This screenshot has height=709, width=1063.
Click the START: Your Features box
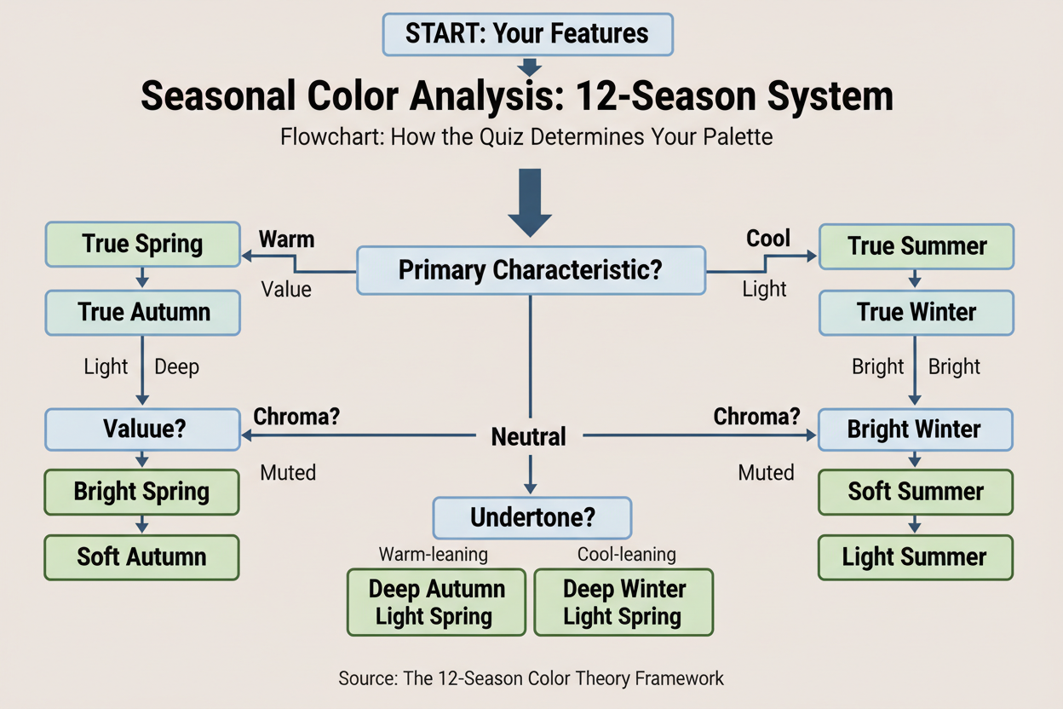click(x=527, y=34)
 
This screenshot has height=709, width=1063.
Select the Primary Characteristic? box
click(x=531, y=270)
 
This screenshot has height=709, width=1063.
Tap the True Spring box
click(x=142, y=245)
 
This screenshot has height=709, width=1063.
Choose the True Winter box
click(x=916, y=312)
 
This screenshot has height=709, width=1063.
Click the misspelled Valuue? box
click(x=142, y=429)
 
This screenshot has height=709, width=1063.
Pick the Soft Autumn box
click(x=141, y=557)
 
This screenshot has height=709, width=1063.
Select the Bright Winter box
click(x=915, y=429)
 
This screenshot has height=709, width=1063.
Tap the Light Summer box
click(x=915, y=557)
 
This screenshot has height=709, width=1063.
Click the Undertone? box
click(x=531, y=517)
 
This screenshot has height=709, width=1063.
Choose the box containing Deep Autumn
click(x=436, y=602)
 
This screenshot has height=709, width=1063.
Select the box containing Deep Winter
click(x=623, y=602)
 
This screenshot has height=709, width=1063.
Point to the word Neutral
click(x=528, y=437)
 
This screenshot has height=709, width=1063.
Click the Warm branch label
click(x=286, y=239)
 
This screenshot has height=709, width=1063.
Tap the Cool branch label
click(x=768, y=239)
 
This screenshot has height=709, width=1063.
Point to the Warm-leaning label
click(x=434, y=555)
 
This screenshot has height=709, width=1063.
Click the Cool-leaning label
click(x=626, y=555)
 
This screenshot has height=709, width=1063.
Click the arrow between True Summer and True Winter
click(x=916, y=279)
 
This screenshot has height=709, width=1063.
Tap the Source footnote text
click(x=531, y=678)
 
